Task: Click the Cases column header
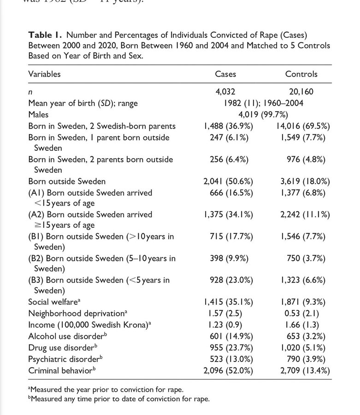[x=225, y=74]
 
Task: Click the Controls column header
[x=301, y=74]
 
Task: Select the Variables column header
[x=44, y=74]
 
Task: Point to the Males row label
[x=38, y=114]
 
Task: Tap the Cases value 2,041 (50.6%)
[x=228, y=181]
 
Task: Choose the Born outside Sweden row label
[x=67, y=181]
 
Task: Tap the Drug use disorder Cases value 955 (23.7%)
[x=228, y=347]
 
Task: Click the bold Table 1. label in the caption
[x=47, y=35]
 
